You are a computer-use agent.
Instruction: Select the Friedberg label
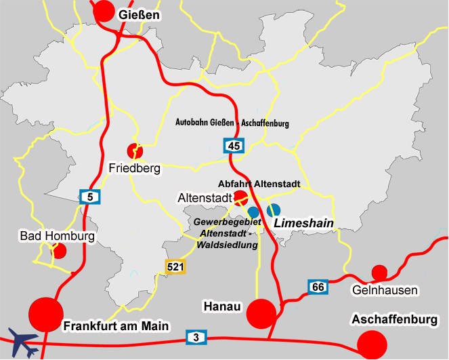coord(135,167)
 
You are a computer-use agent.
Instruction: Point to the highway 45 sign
coord(234,145)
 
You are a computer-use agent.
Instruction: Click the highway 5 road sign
coord(89,197)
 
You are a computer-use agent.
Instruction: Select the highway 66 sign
coord(318,287)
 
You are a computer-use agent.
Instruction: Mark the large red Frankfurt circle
coord(46,314)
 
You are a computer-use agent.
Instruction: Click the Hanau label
coord(222,306)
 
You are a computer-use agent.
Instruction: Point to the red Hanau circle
coord(261,313)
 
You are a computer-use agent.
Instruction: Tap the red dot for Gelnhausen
coord(379,273)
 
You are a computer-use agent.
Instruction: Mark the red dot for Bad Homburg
coord(60,251)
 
